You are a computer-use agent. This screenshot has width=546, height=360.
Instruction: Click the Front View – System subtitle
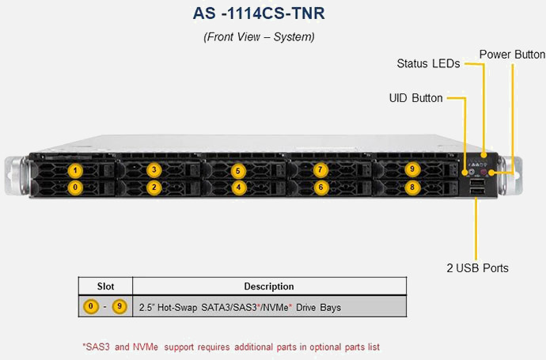(x=259, y=36)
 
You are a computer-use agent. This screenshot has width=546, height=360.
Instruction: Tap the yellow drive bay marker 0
(x=75, y=188)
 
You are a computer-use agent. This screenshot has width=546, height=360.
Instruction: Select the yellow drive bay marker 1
(x=75, y=169)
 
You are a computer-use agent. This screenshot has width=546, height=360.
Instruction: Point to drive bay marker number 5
(x=238, y=170)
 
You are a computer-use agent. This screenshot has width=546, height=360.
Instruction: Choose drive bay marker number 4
(x=238, y=188)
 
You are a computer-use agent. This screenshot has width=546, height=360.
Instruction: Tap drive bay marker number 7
(x=320, y=169)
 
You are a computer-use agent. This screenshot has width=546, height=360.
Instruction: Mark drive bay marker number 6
(x=320, y=188)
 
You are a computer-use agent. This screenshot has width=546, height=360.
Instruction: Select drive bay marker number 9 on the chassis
(x=411, y=169)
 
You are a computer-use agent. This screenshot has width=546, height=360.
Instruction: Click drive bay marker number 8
(x=411, y=188)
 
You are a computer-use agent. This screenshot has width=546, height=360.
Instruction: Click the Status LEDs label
(x=428, y=64)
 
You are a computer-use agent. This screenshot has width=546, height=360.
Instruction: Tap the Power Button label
(x=512, y=55)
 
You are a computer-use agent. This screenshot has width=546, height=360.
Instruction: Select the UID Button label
(x=415, y=99)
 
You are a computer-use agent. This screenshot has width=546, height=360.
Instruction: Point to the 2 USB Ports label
(x=477, y=268)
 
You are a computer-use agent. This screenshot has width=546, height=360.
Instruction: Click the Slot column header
(x=105, y=286)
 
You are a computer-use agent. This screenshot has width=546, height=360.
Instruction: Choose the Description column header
(x=269, y=286)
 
